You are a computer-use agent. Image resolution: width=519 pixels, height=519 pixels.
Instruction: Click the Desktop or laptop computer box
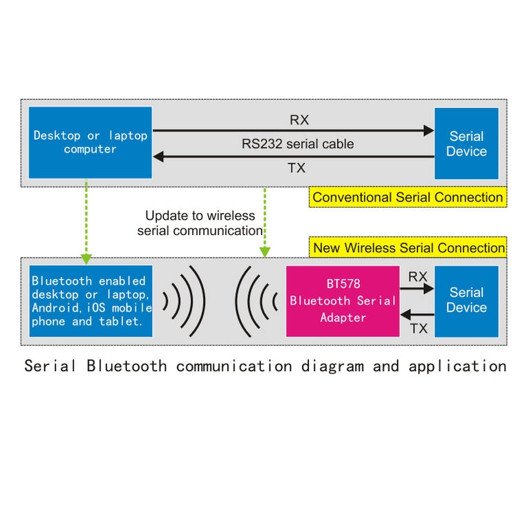click(90, 142)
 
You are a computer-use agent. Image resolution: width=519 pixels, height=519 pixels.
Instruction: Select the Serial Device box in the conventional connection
click(466, 144)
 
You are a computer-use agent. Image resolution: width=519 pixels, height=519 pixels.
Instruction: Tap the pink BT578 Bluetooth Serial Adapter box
click(343, 301)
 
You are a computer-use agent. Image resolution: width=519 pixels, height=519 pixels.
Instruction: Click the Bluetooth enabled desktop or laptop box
click(91, 301)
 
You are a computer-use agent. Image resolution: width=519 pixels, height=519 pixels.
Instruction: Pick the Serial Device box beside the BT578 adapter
click(466, 301)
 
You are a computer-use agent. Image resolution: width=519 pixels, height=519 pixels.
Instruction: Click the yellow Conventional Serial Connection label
click(407, 197)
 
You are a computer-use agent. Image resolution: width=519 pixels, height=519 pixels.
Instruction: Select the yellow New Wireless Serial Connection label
click(408, 248)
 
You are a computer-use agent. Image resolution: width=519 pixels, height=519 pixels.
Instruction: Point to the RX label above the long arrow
click(299, 120)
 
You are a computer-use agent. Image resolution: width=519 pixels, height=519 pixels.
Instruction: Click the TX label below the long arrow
click(297, 168)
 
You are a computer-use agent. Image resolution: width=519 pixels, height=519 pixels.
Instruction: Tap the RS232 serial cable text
click(298, 144)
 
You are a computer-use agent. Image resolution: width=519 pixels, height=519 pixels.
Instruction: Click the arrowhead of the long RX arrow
click(429, 130)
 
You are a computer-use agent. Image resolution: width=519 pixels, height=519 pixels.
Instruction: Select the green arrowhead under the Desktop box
click(86, 259)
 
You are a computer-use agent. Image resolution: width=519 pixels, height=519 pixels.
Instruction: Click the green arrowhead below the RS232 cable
click(265, 252)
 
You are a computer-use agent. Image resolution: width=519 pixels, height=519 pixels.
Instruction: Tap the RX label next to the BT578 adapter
click(417, 277)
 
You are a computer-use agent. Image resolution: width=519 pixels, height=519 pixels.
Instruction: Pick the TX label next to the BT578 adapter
click(419, 329)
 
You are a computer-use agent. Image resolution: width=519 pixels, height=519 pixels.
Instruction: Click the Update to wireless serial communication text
click(200, 223)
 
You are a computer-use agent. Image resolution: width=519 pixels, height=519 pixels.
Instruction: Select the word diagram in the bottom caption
click(333, 366)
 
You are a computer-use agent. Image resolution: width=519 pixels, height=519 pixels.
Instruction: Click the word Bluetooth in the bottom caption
click(126, 366)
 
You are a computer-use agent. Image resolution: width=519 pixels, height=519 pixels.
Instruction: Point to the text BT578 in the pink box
click(343, 284)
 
